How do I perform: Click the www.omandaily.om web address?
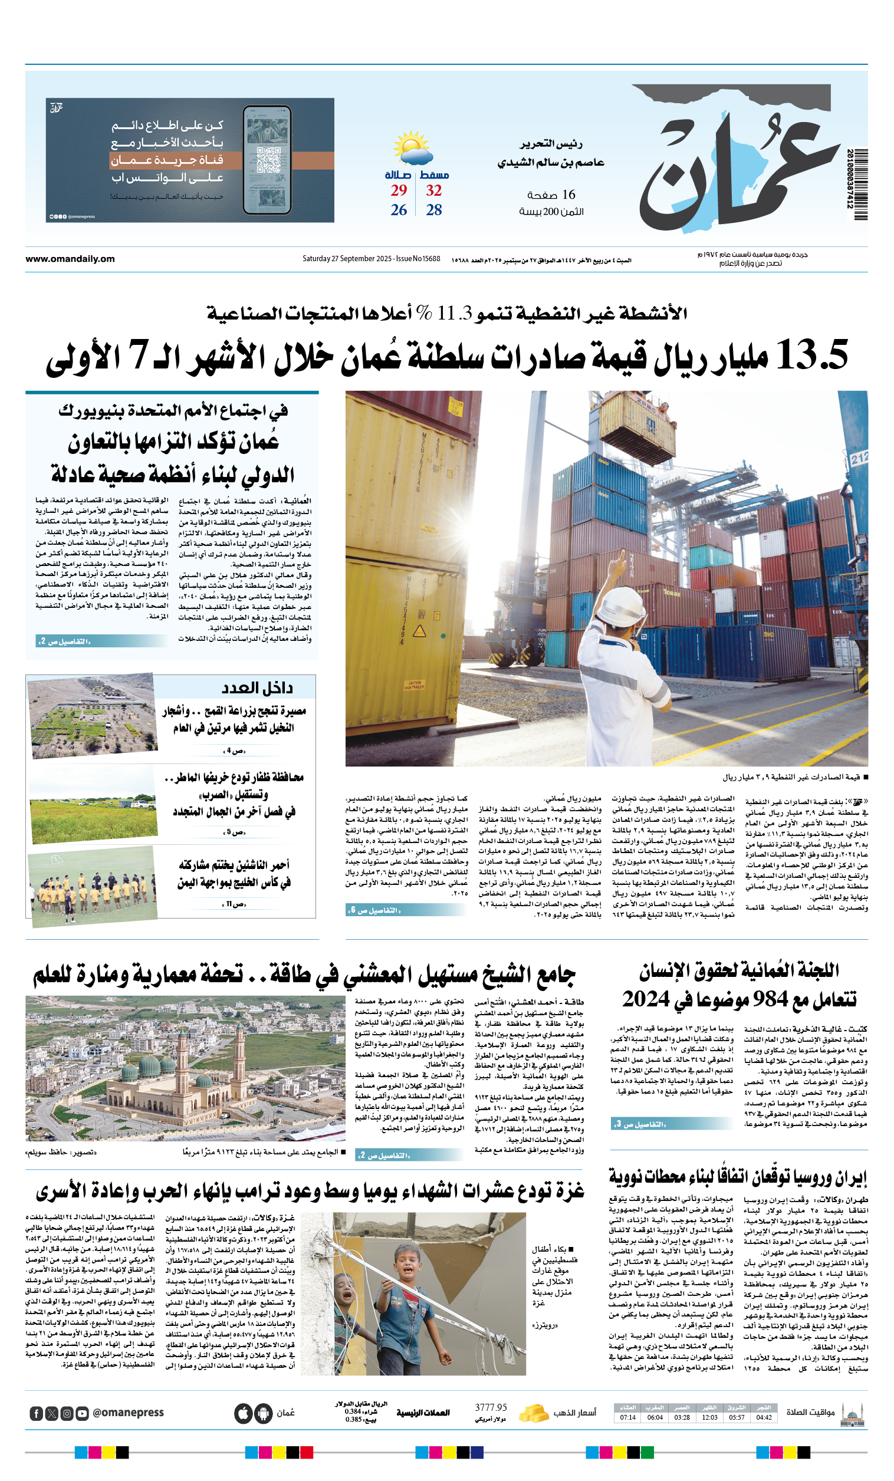(x=70, y=259)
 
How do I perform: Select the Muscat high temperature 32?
(x=433, y=190)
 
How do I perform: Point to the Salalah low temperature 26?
(x=399, y=210)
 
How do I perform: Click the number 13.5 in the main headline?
(x=812, y=354)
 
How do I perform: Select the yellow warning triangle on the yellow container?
(x=419, y=630)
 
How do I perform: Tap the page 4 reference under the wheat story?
(x=235, y=751)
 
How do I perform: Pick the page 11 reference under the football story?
(x=234, y=904)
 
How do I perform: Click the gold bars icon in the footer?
(x=533, y=1413)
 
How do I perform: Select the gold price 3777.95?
(x=491, y=1407)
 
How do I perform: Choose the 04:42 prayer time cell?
(x=764, y=1417)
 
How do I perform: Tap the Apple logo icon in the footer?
(x=242, y=1413)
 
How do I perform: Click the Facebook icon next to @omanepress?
(x=36, y=1414)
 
